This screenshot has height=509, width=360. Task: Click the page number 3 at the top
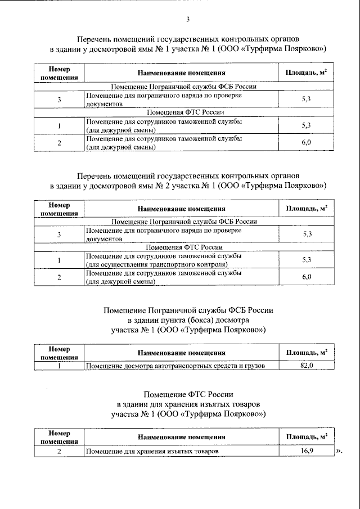[x=188, y=20]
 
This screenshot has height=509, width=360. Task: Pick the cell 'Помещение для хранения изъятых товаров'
[x=151, y=451]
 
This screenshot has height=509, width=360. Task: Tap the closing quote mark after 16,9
[x=339, y=451]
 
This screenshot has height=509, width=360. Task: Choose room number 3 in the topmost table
[x=59, y=100]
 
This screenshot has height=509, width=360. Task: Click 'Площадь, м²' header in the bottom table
[x=307, y=436]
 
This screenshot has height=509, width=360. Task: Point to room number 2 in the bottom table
[x=59, y=451]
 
